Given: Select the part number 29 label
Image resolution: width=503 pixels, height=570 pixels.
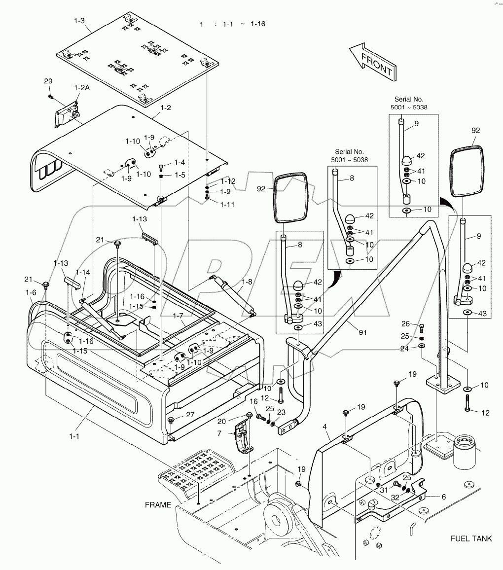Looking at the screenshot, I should (x=48, y=81).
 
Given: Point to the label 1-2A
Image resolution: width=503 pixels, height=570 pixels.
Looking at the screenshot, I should (x=82, y=87).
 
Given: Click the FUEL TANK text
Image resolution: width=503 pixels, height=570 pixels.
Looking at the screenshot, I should (x=471, y=538).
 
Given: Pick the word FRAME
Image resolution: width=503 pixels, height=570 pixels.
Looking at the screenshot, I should (x=158, y=505).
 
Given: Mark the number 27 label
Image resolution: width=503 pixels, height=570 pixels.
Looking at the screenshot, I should (x=190, y=415).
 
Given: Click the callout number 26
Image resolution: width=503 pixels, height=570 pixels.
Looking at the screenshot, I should (x=405, y=324).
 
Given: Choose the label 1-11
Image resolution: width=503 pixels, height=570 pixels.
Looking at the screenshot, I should (x=227, y=204).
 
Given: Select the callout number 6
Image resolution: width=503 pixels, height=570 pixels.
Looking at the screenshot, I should (x=443, y=497).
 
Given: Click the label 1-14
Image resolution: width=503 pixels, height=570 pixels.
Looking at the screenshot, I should (x=83, y=272).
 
